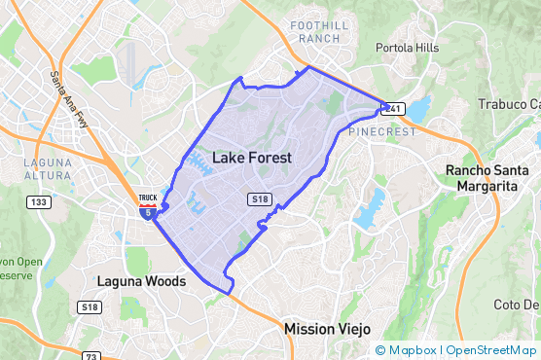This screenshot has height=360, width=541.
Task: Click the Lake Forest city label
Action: tap(251, 157)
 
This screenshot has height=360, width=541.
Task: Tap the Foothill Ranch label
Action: tap(314, 31)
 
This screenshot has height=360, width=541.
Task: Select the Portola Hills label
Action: tap(408, 47)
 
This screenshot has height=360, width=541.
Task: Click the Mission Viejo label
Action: tap(329, 329)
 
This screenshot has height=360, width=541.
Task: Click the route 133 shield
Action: tap(38, 202)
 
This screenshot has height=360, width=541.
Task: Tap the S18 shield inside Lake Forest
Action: tap(259, 198)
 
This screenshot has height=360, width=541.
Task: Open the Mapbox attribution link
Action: tap(405, 350)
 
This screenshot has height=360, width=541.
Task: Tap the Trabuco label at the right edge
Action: tap(509, 104)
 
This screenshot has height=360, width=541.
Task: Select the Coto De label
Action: tap(517, 305)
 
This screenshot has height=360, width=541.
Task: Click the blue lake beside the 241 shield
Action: tap(419, 109)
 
